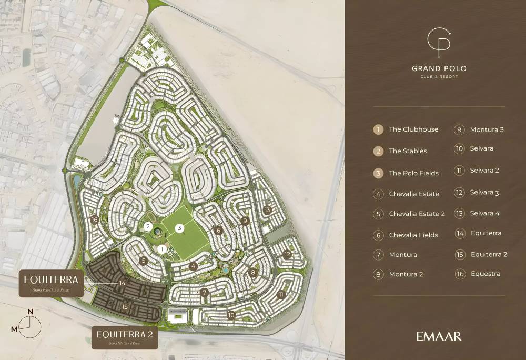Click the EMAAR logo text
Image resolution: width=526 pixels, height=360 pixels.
pyautogui.click(x=439, y=336)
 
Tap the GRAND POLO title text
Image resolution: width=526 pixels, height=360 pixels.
pyautogui.click(x=439, y=68)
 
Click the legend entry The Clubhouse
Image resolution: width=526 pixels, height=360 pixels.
pyautogui.click(x=413, y=129)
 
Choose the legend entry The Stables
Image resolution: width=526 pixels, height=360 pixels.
pyautogui.click(x=408, y=151)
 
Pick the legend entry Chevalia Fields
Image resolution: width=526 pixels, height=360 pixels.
pyautogui.click(x=413, y=235)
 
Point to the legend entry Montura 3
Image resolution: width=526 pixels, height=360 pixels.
pyautogui.click(x=487, y=130)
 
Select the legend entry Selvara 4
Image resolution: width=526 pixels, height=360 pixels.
pyautogui.click(x=484, y=213)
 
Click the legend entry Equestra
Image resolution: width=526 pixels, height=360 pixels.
pyautogui.click(x=485, y=274)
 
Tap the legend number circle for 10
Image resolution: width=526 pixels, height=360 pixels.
pyautogui.click(x=460, y=149)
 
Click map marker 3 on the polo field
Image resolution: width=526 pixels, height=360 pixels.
pyautogui.click(x=180, y=228)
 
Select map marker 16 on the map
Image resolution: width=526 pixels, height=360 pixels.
pyautogui.click(x=95, y=219)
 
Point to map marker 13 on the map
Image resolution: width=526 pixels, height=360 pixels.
pyautogui.click(x=267, y=210)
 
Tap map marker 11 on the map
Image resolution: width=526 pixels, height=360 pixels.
pyautogui.click(x=281, y=295)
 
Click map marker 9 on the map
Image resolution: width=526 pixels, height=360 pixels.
pyautogui.click(x=245, y=221)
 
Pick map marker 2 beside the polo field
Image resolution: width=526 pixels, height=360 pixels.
pyautogui.click(x=148, y=227)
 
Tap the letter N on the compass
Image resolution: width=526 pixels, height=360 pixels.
pyautogui.click(x=31, y=312)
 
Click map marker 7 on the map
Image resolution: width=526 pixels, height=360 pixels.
pyautogui.click(x=205, y=293)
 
